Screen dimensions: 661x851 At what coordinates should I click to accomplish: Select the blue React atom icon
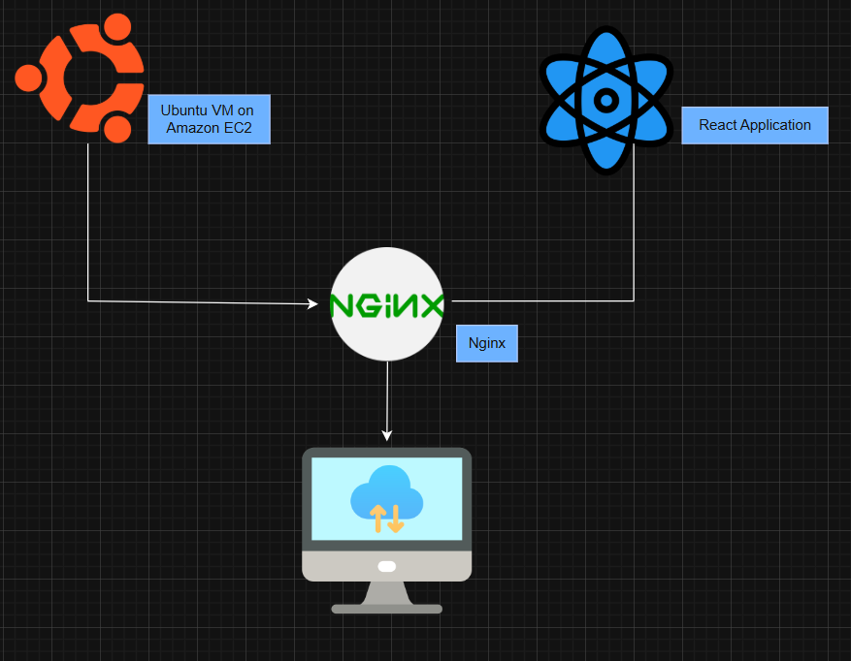[606, 100]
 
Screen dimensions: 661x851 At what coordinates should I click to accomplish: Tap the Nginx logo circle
[387, 304]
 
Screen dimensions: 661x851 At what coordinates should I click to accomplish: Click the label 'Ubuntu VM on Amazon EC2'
[209, 119]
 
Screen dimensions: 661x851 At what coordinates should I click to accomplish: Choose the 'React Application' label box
[754, 125]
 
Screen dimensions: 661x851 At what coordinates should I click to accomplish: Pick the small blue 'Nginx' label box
[486, 343]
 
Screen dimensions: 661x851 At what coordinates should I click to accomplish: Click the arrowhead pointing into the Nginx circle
[313, 303]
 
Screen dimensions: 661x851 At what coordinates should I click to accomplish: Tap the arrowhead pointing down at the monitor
[387, 435]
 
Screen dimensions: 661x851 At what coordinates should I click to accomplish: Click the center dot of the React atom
[606, 100]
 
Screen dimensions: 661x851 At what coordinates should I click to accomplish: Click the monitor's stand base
[386, 608]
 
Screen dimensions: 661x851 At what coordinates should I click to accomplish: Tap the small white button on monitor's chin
[386, 566]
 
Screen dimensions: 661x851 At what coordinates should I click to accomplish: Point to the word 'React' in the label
[717, 125]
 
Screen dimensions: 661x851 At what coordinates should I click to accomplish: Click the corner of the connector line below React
[635, 300]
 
